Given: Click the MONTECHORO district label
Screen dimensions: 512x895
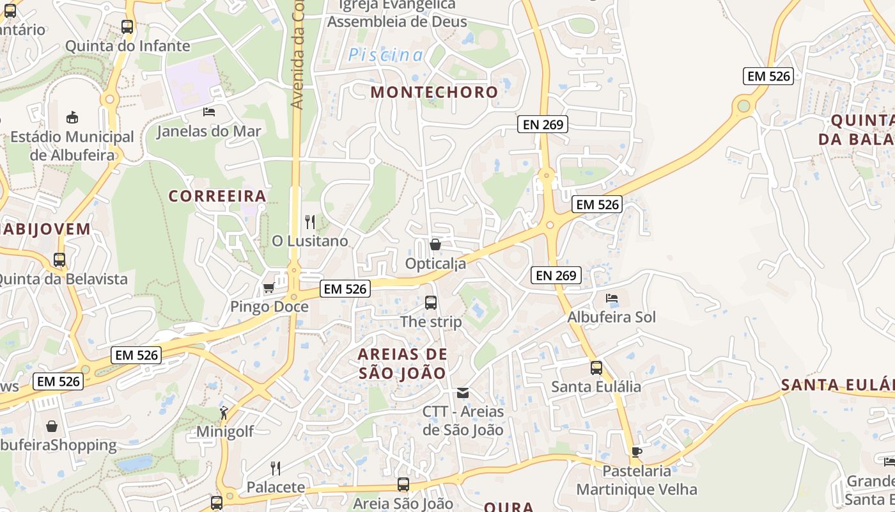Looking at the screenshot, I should pyautogui.click(x=434, y=92).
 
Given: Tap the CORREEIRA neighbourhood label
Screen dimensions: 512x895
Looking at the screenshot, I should pyautogui.click(x=217, y=196).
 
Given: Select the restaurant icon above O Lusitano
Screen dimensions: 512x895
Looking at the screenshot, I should pyautogui.click(x=310, y=222).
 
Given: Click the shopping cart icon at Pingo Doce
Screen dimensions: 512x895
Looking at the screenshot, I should pyautogui.click(x=269, y=288).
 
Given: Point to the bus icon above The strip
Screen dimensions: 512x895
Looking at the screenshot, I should pyautogui.click(x=431, y=302).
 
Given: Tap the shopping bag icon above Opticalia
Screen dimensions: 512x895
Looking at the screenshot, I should pyautogui.click(x=435, y=244).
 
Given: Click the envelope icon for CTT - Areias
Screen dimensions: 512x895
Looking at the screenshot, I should pyautogui.click(x=463, y=392).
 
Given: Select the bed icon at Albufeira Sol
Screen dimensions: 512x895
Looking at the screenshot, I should pyautogui.click(x=612, y=298).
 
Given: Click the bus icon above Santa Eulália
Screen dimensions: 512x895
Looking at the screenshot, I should pyautogui.click(x=596, y=368).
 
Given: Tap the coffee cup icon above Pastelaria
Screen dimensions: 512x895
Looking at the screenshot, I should pyautogui.click(x=636, y=452).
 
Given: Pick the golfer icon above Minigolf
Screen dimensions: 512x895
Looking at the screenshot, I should pyautogui.click(x=224, y=413).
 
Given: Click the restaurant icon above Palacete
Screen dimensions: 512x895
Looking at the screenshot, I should pyautogui.click(x=276, y=468).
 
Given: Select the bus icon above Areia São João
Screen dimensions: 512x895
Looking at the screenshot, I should pyautogui.click(x=403, y=484).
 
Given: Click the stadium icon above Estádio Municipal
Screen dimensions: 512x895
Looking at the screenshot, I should pyautogui.click(x=72, y=118).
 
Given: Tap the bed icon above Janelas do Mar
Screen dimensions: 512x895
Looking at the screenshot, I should pyautogui.click(x=209, y=112).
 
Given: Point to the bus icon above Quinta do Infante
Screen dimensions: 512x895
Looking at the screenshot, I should pyautogui.click(x=127, y=27).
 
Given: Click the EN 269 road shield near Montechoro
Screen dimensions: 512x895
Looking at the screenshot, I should pyautogui.click(x=543, y=125).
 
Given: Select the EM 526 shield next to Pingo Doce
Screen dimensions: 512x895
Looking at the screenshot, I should pyautogui.click(x=345, y=289).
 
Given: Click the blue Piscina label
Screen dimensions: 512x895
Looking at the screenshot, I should pyautogui.click(x=385, y=56).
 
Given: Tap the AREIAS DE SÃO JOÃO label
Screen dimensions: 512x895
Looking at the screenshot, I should pyautogui.click(x=403, y=364).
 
